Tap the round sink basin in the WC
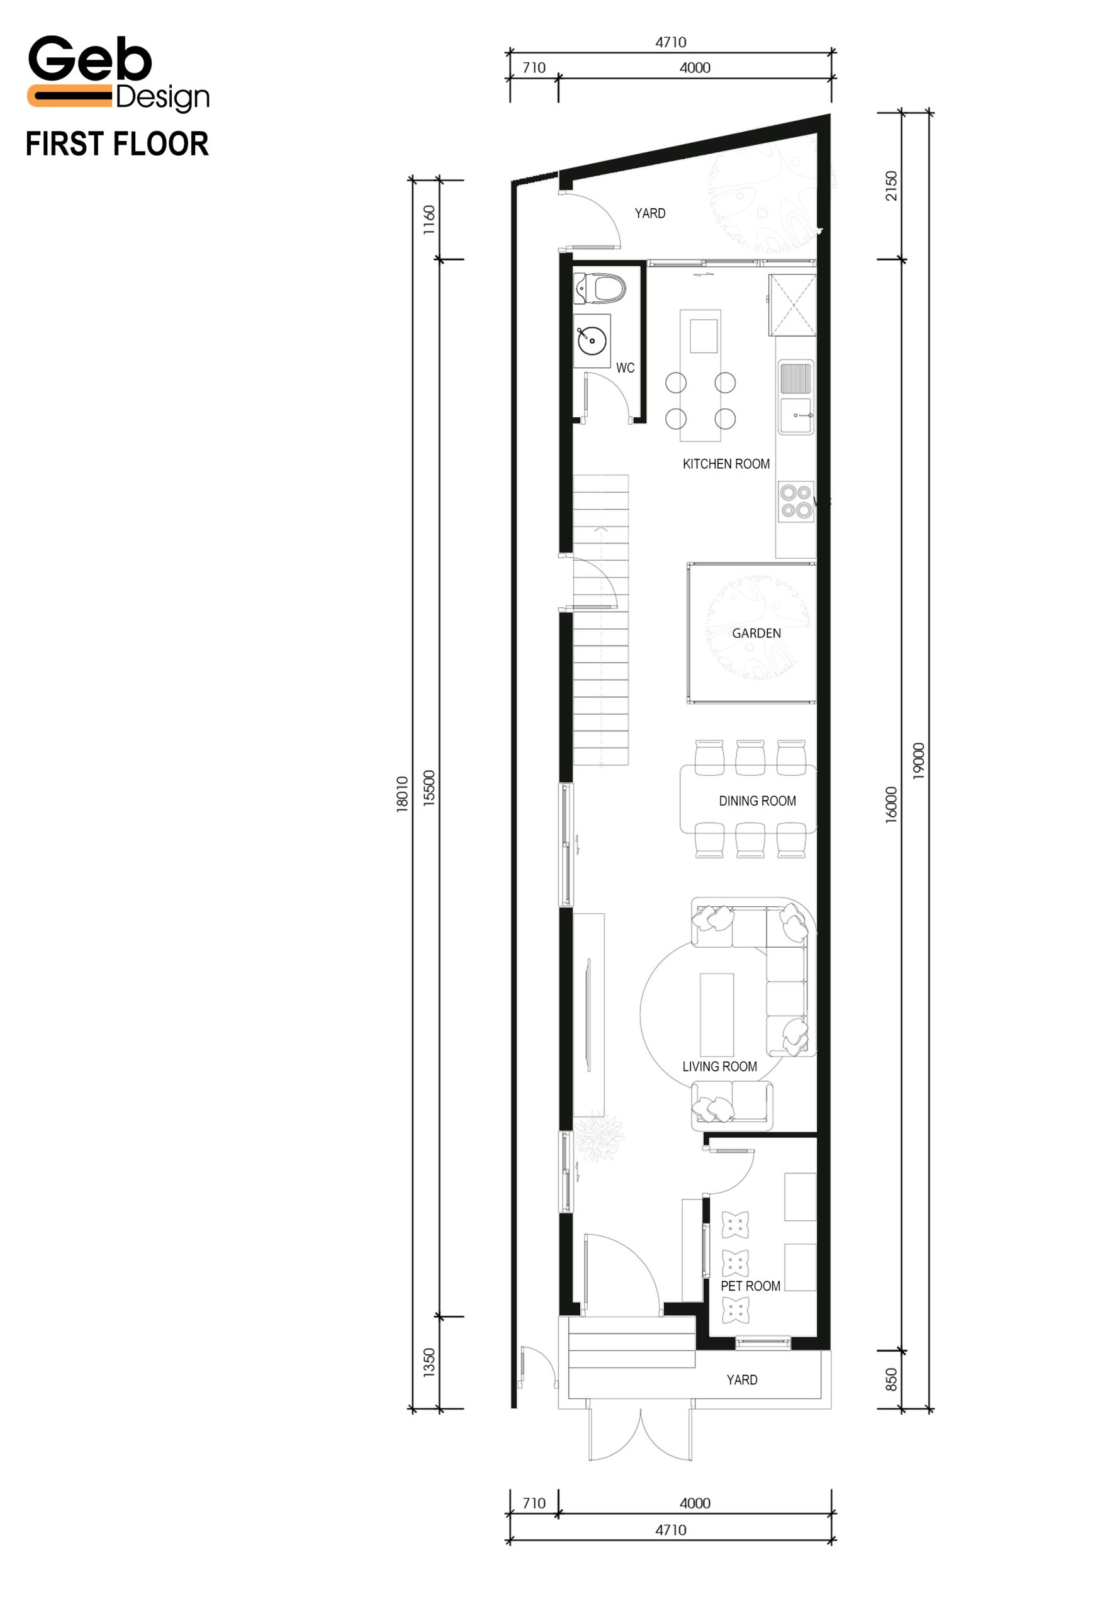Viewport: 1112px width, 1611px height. click(x=592, y=340)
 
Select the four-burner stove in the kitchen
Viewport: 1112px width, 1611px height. click(x=796, y=502)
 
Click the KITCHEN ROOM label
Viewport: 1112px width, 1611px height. click(x=726, y=464)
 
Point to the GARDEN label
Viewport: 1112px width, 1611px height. click(x=756, y=634)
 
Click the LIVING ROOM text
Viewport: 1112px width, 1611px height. click(x=719, y=1067)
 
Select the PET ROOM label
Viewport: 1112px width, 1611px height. click(x=750, y=1286)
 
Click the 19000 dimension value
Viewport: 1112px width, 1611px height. click(x=918, y=761)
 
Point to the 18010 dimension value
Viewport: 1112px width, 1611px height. click(x=402, y=794)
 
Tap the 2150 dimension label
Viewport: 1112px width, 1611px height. click(x=891, y=186)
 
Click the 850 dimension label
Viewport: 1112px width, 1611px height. click(x=891, y=1379)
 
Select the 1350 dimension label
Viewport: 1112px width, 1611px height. click(x=429, y=1362)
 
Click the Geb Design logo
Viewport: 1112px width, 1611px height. click(x=118, y=74)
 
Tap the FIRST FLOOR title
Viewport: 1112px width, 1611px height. click(x=117, y=144)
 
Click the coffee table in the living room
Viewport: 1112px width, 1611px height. click(x=717, y=1014)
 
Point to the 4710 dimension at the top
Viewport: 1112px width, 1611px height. click(x=670, y=43)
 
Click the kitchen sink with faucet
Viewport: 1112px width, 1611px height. click(x=795, y=415)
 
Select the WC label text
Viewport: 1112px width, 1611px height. click(x=625, y=368)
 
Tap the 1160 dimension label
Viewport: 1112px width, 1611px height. click(x=429, y=220)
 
